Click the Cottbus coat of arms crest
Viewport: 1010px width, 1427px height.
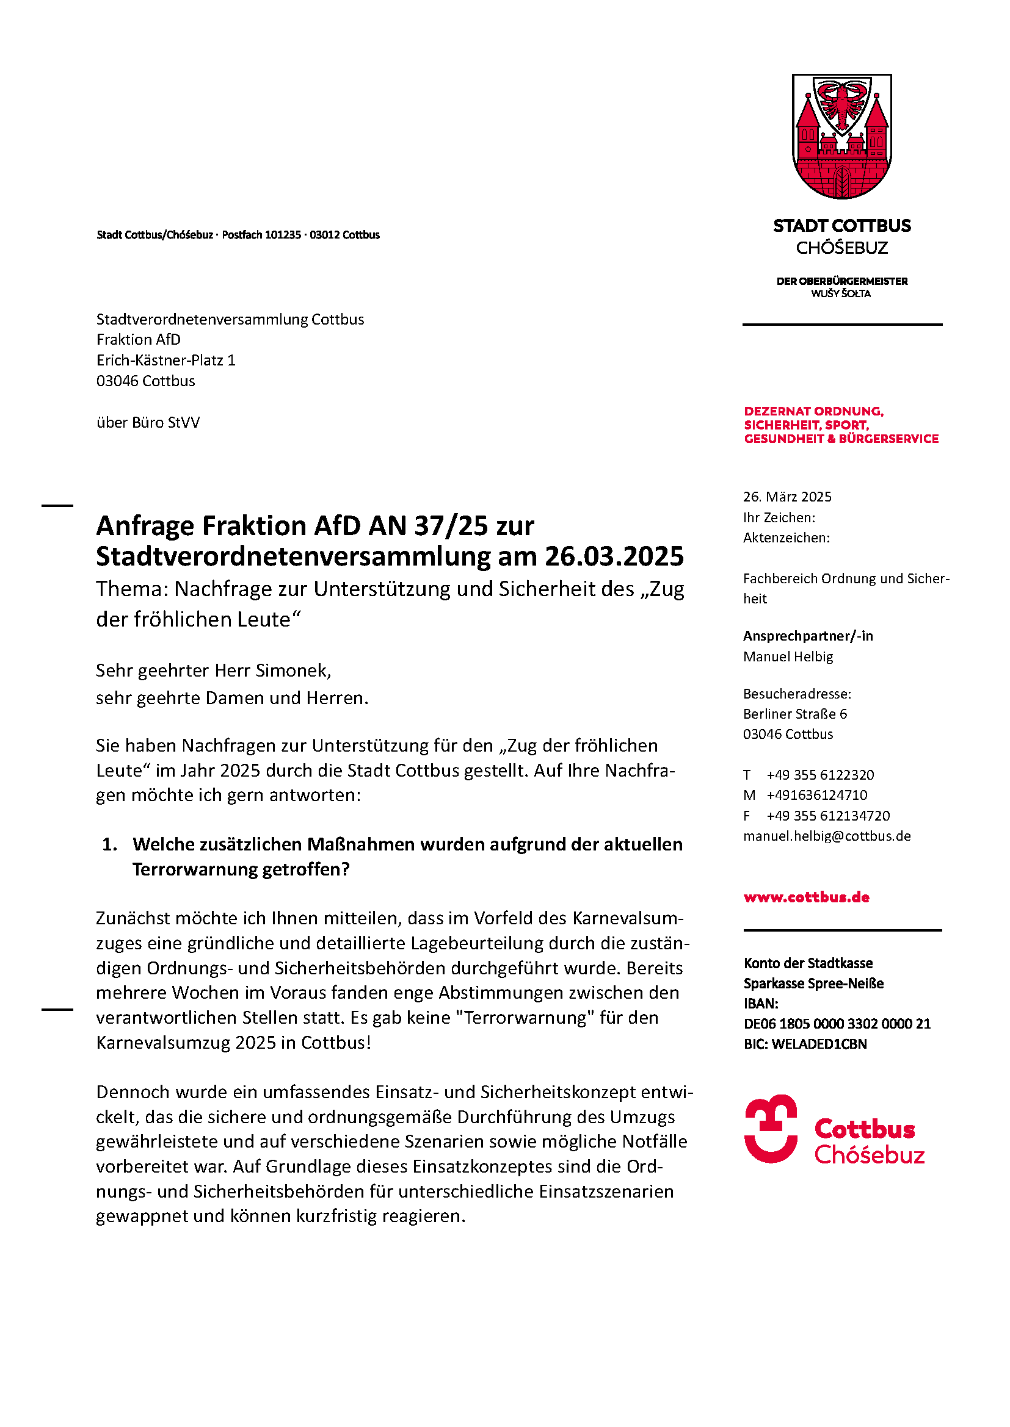click(x=841, y=136)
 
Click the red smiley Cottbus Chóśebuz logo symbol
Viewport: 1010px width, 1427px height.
click(x=771, y=1129)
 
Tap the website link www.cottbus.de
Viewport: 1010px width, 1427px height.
click(x=806, y=897)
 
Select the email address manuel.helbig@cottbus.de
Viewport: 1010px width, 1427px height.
click(x=827, y=836)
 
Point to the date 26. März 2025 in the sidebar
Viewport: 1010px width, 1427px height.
click(x=787, y=497)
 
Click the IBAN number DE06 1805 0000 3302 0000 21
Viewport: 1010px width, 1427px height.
click(x=837, y=1024)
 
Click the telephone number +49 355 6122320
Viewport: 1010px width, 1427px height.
click(x=819, y=775)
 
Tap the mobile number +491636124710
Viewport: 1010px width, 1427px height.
click(x=816, y=795)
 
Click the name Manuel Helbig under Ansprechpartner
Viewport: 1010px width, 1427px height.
click(x=788, y=656)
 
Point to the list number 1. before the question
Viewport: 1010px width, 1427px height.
click(x=110, y=844)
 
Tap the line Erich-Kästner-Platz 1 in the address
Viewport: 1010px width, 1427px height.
click(x=165, y=361)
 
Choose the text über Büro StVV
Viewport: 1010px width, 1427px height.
click(x=148, y=423)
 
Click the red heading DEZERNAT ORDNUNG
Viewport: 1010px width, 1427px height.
click(x=813, y=411)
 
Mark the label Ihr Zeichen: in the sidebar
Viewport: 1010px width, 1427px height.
click(x=779, y=517)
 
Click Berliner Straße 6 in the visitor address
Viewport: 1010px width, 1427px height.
click(x=795, y=714)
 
